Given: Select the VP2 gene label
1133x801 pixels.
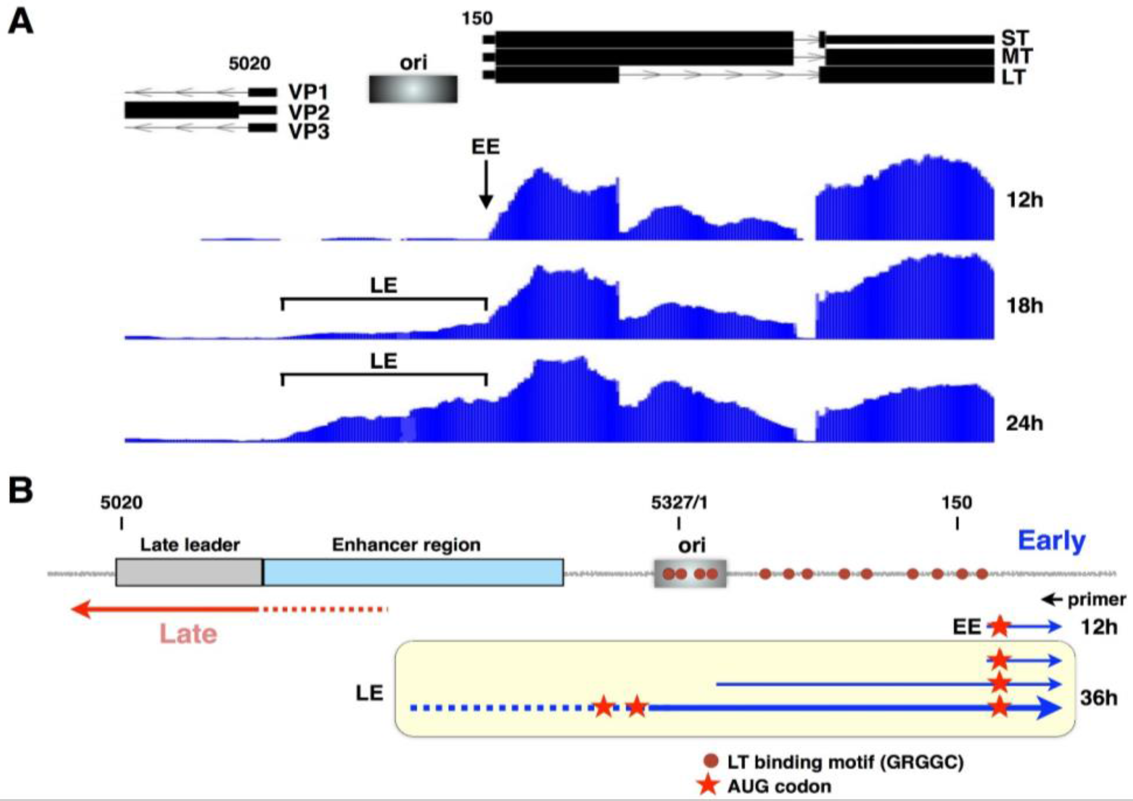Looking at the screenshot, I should point(308,112).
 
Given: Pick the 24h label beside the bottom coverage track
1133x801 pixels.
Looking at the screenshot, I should point(1025,423).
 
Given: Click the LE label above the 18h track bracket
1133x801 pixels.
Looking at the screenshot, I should point(383,286).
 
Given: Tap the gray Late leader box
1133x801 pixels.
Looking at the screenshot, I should point(189,572).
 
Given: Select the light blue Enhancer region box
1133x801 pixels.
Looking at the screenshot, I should point(413,572).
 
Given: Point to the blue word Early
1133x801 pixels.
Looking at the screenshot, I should point(1052,541).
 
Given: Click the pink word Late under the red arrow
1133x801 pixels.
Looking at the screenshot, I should point(189,634).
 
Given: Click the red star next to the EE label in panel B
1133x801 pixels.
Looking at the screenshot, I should point(999,627).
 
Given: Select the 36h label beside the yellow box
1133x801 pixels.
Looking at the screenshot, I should point(1098,698).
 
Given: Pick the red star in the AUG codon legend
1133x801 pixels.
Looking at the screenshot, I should point(709,785).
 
